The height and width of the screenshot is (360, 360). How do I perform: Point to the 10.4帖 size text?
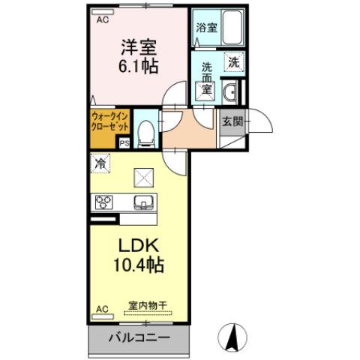(x=140, y=265)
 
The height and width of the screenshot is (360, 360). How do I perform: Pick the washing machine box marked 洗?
(x=233, y=63)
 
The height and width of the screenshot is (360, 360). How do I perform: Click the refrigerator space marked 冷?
(x=100, y=161)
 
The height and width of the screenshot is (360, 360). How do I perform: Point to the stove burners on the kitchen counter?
(x=103, y=202)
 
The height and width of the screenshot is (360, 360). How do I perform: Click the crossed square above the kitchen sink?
(x=142, y=177)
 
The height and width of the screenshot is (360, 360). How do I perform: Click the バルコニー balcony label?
(x=138, y=337)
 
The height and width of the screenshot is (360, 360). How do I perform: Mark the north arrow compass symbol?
(x=235, y=336)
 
